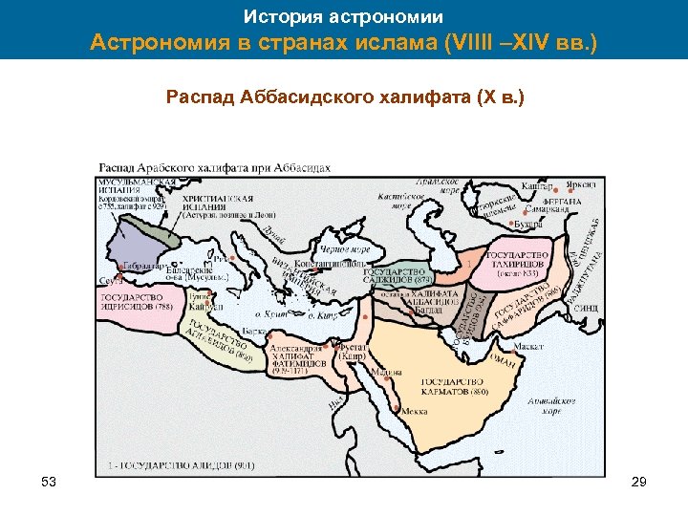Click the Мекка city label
click(x=414, y=412)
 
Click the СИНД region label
click(x=585, y=309)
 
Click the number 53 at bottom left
click(x=51, y=484)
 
